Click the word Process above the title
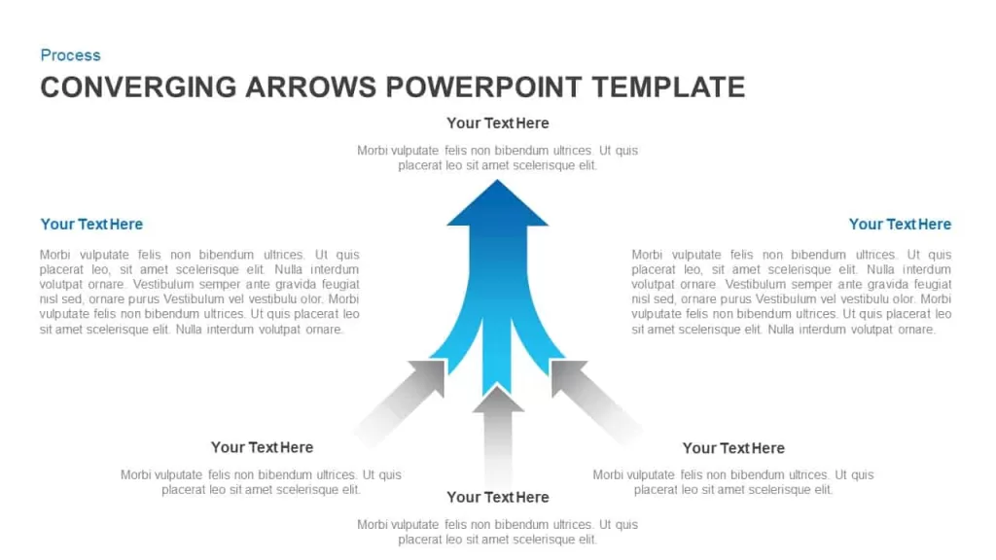pyautogui.click(x=70, y=55)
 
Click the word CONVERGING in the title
pyautogui.click(x=138, y=87)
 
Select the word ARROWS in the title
pyautogui.click(x=310, y=87)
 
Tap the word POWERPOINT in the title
pyautogui.click(x=483, y=87)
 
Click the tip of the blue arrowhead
pyautogui.click(x=497, y=180)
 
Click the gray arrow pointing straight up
pyautogui.click(x=498, y=438)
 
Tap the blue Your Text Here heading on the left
pyautogui.click(x=91, y=225)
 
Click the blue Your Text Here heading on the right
pyautogui.click(x=900, y=225)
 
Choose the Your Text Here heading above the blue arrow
pyautogui.click(x=497, y=123)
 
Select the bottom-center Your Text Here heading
pyautogui.click(x=497, y=497)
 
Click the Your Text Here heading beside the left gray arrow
pyautogui.click(x=262, y=447)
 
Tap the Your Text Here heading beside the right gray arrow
pyautogui.click(x=733, y=448)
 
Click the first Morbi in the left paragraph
pyautogui.click(x=54, y=255)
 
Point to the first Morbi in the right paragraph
pyautogui.click(x=647, y=255)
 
